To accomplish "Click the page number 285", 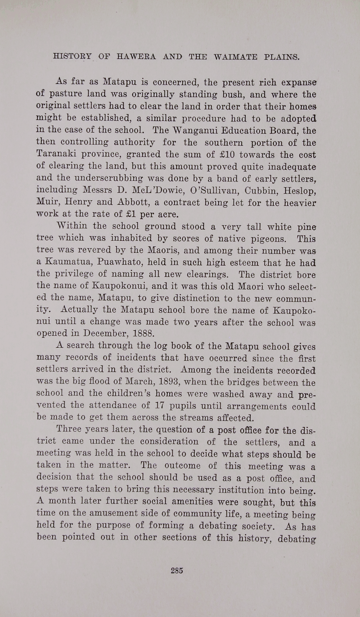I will pyautogui.click(x=177, y=570).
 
